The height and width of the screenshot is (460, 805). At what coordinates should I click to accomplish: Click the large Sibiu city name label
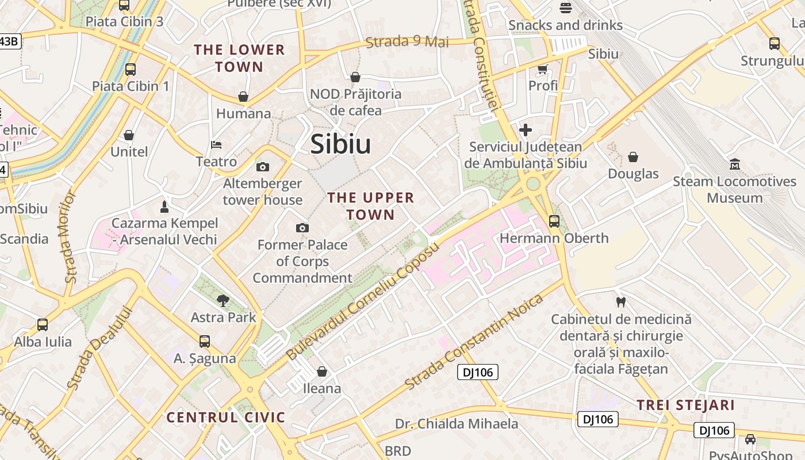pos(340,144)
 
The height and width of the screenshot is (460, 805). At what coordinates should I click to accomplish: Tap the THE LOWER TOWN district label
pos(239,58)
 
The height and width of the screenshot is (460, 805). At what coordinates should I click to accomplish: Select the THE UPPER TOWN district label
pos(370,206)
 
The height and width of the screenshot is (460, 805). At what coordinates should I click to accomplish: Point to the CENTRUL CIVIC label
pos(225,417)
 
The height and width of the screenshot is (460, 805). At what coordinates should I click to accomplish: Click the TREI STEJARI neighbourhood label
pos(685,405)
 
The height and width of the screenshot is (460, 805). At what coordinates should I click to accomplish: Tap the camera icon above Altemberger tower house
pos(263,167)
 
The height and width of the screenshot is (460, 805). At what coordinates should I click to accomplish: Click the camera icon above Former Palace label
pos(302,228)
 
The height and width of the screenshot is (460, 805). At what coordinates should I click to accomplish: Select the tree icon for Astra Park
pos(223,300)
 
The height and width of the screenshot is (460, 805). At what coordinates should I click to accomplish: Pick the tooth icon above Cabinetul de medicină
pos(620,302)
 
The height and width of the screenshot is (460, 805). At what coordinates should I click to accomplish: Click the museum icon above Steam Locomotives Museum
pos(734,165)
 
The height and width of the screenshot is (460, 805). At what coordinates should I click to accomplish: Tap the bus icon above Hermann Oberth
pos(554,221)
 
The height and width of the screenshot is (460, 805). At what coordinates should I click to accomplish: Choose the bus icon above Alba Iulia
pos(43,325)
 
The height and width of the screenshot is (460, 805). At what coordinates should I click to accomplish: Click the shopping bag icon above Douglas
pos(633,157)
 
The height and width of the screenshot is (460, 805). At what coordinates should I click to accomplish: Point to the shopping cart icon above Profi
pos(542,70)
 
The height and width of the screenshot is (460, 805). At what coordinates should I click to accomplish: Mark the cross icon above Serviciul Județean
pos(525,130)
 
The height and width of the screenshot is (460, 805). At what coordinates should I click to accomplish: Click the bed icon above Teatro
pos(216,145)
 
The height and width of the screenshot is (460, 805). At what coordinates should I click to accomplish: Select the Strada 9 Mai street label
pos(407,41)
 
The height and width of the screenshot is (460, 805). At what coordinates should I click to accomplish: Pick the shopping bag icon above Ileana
pos(322,372)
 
